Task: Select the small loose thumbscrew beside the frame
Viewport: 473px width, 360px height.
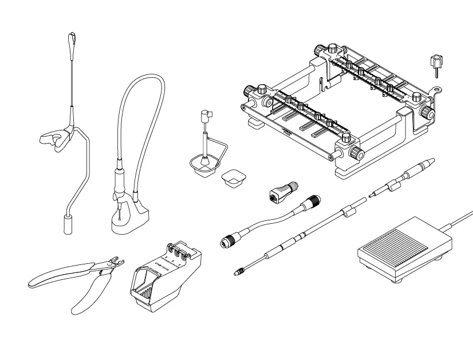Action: tap(435, 64)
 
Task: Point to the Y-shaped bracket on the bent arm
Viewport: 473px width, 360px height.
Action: tap(56, 139)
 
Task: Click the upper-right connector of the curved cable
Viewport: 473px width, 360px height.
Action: tap(313, 201)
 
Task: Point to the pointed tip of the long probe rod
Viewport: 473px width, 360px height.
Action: tap(236, 274)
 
